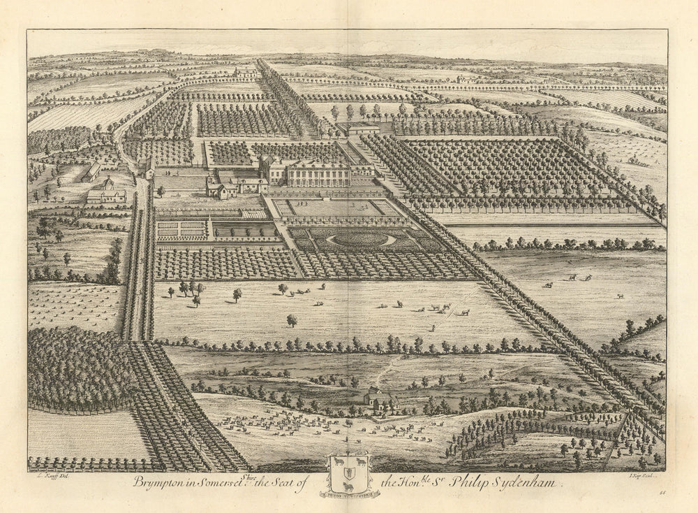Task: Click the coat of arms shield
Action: [x=349, y=475]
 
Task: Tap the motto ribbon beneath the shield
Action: [x=349, y=495]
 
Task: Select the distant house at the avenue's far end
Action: [x=246, y=71]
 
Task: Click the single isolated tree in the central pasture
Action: [x=291, y=320]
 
